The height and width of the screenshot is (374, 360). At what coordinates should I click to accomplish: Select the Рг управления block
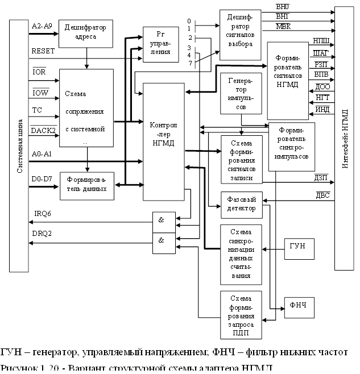click(157, 43)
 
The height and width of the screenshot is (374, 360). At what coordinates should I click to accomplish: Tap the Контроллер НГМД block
click(164, 142)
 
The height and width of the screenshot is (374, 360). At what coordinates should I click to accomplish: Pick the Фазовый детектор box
click(241, 204)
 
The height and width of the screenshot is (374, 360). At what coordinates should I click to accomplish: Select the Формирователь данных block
click(86, 184)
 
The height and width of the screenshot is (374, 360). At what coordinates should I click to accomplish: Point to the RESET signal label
click(43, 51)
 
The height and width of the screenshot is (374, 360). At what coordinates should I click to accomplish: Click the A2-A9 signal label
click(42, 26)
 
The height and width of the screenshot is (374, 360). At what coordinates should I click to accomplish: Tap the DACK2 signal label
click(43, 131)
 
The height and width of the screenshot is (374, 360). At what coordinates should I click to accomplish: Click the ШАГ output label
click(321, 53)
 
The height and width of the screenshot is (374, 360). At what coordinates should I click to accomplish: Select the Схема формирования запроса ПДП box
click(241, 315)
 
